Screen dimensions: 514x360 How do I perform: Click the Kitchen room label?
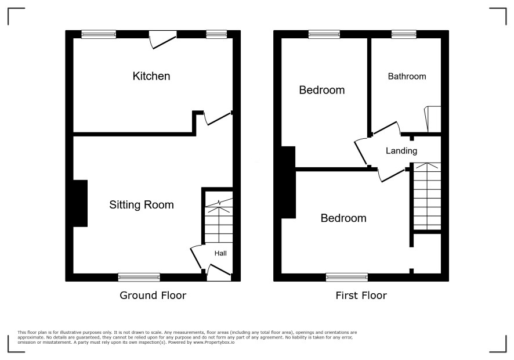[x=151, y=76]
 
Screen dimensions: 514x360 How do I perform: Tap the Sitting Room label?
[x=142, y=205]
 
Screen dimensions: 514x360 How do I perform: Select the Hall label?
[x=220, y=253]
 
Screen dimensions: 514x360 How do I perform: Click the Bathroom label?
[x=407, y=77]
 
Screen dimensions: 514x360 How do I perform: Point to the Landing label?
[x=401, y=151]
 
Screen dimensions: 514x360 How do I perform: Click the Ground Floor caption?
[x=153, y=296]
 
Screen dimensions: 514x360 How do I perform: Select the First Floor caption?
[x=361, y=296]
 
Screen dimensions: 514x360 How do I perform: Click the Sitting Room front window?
[x=139, y=278]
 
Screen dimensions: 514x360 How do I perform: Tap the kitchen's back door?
[x=163, y=39]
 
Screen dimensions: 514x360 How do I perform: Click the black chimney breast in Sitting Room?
[x=80, y=203]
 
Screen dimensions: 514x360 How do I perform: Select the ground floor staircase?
[x=219, y=220]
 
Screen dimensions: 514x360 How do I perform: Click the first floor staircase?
[x=427, y=196]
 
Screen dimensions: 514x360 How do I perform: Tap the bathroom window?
[x=404, y=34]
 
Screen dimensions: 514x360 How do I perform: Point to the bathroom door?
[x=387, y=128]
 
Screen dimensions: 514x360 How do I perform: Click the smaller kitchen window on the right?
[x=216, y=34]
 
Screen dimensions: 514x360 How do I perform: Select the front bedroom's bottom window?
[x=347, y=278]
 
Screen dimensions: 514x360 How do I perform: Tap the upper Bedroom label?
[x=321, y=90]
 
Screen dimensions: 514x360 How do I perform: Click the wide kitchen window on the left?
[x=99, y=34]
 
